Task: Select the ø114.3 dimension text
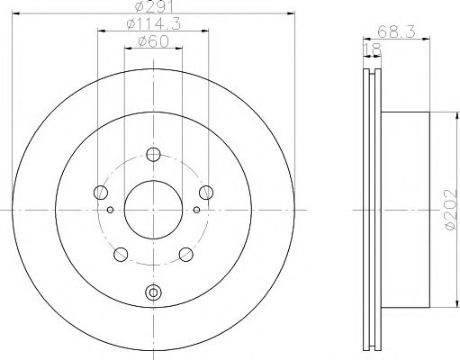click(x=151, y=26)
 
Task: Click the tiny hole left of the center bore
click(x=110, y=209)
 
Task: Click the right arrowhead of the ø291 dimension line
click(x=292, y=13)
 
